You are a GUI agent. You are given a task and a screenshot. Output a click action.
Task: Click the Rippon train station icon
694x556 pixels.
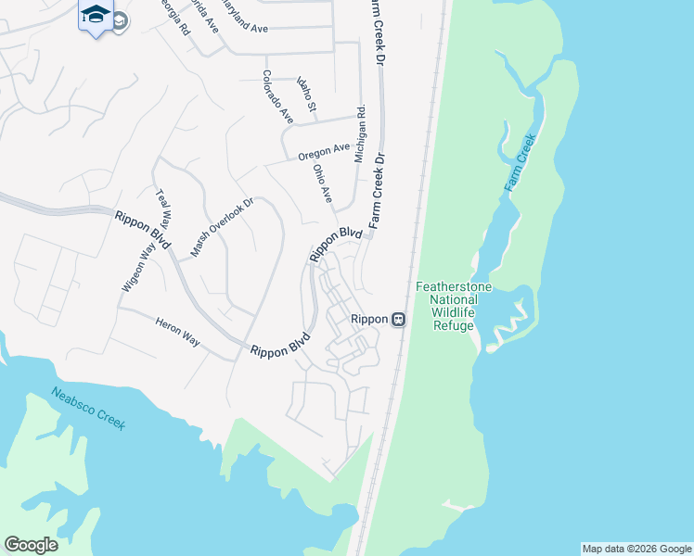coord(398,319)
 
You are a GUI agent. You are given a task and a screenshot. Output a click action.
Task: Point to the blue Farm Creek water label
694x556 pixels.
coord(520,164)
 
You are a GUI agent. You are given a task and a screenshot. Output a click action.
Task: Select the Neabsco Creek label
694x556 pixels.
coord(87,408)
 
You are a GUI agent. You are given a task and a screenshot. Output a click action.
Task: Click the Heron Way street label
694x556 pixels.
coord(177,330)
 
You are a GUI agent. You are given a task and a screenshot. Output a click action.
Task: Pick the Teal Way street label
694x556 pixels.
coord(165,209)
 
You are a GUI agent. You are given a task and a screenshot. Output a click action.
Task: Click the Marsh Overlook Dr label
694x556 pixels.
coord(222,228)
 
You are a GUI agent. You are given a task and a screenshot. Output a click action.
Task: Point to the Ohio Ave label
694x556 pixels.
coord(323,183)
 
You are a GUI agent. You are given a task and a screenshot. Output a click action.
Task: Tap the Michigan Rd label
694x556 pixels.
coord(360,134)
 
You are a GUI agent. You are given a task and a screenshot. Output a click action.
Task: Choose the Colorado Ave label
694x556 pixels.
coord(276,97)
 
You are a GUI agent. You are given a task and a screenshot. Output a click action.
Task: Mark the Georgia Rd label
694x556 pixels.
coord(176,17)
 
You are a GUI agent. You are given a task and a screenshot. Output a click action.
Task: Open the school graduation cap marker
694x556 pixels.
coord(96,16)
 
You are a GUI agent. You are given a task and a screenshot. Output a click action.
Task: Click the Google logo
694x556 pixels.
coord(31,545)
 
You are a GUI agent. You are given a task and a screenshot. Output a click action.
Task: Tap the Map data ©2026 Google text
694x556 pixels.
coord(636,549)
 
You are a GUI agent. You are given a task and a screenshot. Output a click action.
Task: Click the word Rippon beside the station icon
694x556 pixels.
coord(368,319)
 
